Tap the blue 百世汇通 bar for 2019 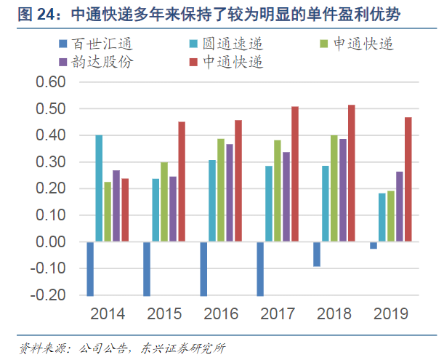click(x=374, y=245)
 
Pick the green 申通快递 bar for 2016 click(x=221, y=190)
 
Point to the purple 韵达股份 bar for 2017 click(x=286, y=196)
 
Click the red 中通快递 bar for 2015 click(x=182, y=182)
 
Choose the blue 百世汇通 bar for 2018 click(x=317, y=254)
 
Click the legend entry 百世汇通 click(x=95, y=44)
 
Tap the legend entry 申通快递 click(x=356, y=44)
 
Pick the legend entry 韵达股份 click(x=95, y=61)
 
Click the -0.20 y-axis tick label click(x=49, y=295)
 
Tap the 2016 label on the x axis click(x=221, y=314)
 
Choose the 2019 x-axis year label click(x=391, y=314)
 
